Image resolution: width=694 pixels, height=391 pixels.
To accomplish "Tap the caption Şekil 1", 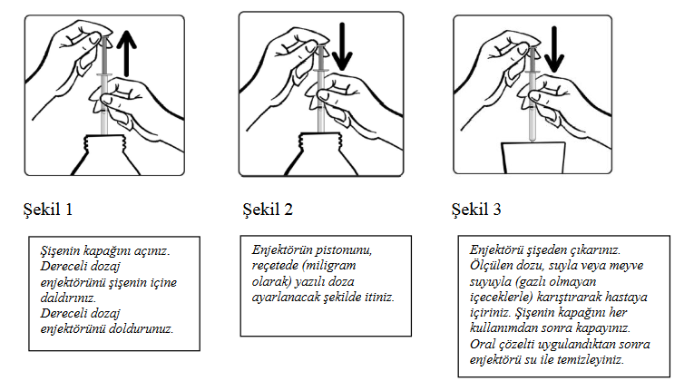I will point(48,210).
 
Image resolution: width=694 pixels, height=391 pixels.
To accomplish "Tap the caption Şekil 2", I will point(268,210).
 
